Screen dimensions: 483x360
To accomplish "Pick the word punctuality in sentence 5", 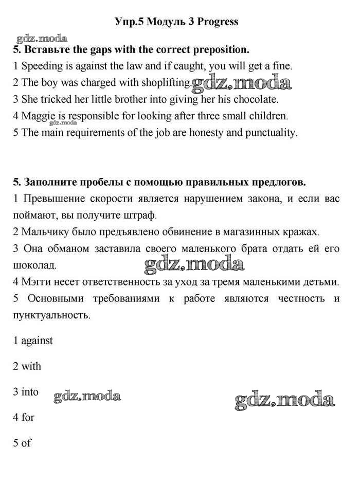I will [x=269, y=133].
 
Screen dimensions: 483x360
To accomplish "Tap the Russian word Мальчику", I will [x=45, y=231].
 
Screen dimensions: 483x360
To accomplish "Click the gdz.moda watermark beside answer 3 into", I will [x=87, y=396].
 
